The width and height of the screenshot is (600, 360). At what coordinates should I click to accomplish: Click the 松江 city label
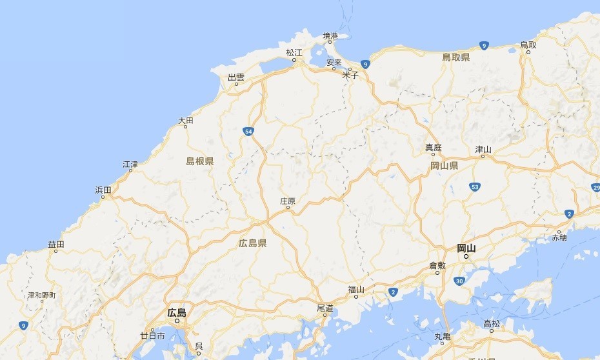tap(294, 52)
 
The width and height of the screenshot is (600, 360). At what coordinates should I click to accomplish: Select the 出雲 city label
tap(236, 77)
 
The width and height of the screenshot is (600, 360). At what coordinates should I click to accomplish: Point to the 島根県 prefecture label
tap(200, 161)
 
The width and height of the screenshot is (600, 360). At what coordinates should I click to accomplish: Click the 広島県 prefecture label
tap(252, 243)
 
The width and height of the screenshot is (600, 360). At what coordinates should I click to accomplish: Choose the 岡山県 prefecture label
tap(444, 166)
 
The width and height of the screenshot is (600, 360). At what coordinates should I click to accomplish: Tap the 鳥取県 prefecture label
tap(455, 58)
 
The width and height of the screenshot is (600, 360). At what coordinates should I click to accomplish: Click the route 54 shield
tap(248, 132)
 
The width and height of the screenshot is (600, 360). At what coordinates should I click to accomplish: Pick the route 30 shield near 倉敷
tap(459, 281)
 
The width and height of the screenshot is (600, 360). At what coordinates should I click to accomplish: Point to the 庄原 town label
tap(288, 201)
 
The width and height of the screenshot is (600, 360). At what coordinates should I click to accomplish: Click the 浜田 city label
tap(103, 190)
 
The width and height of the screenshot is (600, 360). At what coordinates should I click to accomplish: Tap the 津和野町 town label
tap(41, 295)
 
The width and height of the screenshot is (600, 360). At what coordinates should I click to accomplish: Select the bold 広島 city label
tap(176, 313)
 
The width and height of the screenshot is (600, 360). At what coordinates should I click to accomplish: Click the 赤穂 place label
tap(559, 238)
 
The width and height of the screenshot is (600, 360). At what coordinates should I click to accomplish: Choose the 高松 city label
tap(491, 323)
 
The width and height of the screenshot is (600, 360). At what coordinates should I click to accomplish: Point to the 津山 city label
tap(483, 149)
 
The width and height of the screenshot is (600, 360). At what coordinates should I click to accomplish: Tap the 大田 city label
tap(185, 121)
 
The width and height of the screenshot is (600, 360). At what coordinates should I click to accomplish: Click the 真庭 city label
tap(434, 148)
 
